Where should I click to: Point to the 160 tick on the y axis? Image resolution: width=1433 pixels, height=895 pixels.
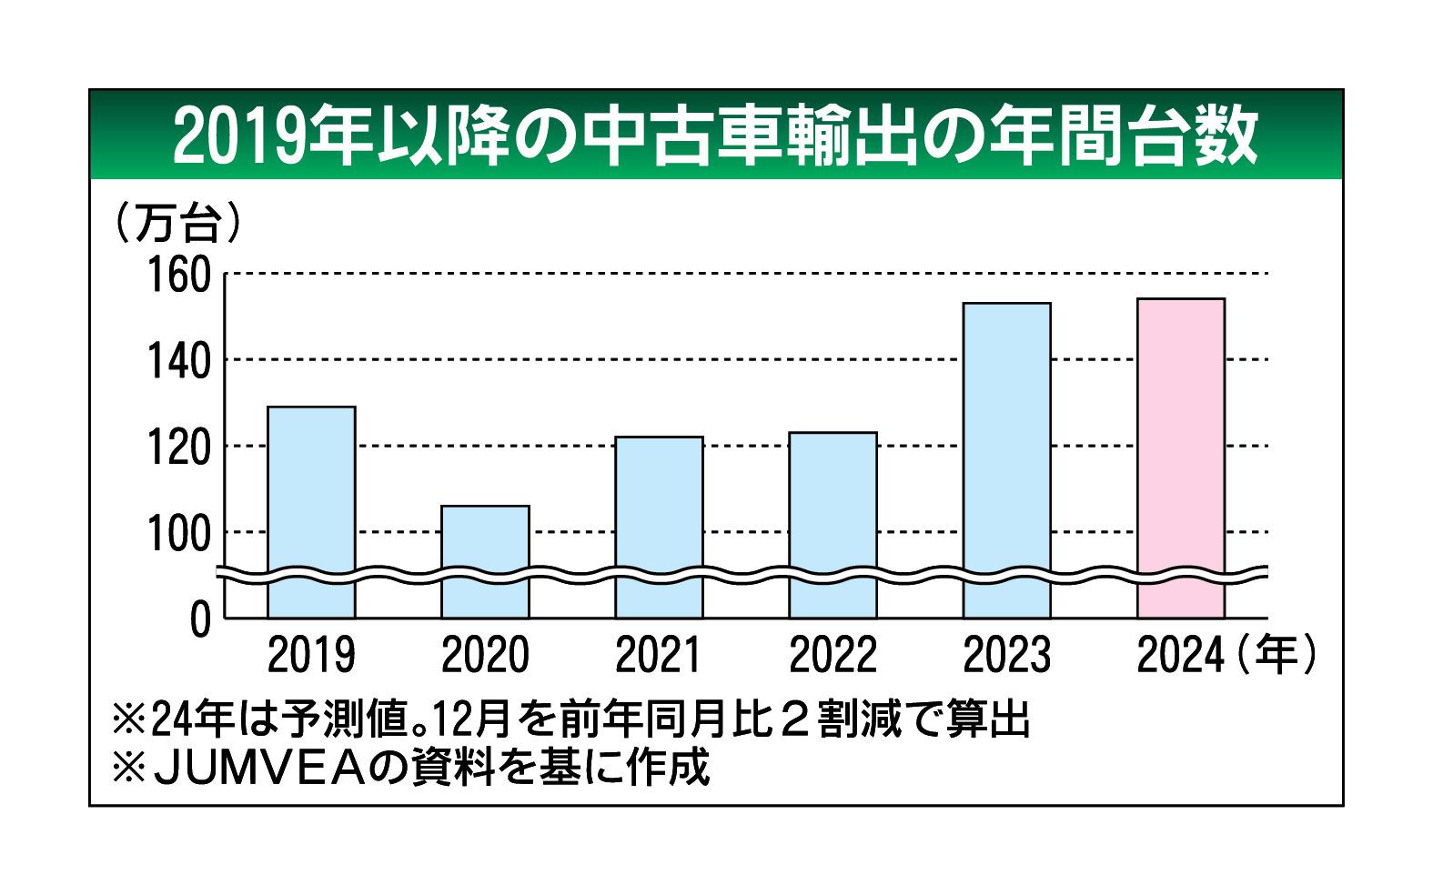(x=178, y=275)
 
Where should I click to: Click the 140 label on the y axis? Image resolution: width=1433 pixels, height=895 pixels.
(x=178, y=361)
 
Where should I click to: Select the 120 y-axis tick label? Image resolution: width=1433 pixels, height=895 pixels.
(x=178, y=447)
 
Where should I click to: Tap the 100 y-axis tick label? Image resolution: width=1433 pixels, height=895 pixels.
(x=178, y=534)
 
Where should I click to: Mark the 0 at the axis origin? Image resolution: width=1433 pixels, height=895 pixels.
(x=200, y=620)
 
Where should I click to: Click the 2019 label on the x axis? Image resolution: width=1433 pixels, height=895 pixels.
(x=311, y=655)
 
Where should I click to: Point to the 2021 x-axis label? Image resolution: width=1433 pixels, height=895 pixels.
(x=659, y=655)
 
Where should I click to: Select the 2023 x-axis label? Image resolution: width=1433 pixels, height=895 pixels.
(x=1007, y=655)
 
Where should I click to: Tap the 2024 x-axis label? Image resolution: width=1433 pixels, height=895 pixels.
(x=1180, y=655)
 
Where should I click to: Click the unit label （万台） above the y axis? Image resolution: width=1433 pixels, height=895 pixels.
(x=177, y=223)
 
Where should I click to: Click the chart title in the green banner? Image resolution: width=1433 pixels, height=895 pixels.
(x=715, y=136)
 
